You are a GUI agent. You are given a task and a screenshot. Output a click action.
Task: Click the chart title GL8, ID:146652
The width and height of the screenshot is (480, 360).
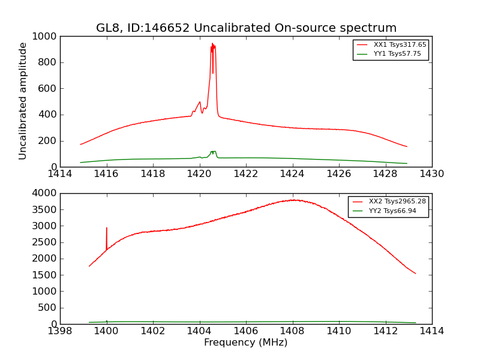246,28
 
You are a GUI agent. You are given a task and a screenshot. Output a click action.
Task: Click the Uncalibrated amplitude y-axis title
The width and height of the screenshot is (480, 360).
23,101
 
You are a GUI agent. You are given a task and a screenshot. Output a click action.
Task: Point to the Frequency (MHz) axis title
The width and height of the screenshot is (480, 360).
245,343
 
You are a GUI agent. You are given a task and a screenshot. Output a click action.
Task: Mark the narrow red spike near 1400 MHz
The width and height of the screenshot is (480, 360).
107,229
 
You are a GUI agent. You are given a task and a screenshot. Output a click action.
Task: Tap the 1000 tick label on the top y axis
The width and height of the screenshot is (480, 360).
45,37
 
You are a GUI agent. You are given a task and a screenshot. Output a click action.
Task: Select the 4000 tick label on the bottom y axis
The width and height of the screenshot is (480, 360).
45,193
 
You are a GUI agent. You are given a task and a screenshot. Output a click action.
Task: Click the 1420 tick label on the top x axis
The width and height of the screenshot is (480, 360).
199,174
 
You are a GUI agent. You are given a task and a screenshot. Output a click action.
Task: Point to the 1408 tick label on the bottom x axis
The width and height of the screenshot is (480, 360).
292,331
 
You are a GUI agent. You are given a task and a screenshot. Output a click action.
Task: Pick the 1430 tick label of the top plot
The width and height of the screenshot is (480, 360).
431,174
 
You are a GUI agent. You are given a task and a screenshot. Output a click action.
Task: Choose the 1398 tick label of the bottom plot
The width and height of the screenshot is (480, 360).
60,331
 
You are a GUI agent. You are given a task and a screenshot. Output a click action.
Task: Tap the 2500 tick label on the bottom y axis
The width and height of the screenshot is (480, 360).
45,242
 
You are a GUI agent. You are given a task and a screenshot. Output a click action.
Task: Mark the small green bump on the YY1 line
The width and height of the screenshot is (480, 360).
213,152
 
